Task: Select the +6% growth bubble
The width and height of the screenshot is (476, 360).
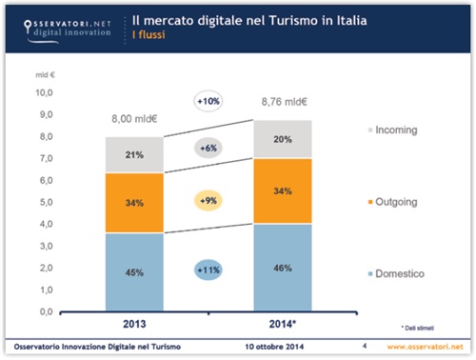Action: pos(208,148)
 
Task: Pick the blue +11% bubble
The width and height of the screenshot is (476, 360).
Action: pos(208,270)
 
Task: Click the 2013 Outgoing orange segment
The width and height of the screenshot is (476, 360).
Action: pos(132,202)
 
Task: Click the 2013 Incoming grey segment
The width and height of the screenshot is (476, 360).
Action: pos(132,155)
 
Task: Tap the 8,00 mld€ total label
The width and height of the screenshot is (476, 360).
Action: pos(132,121)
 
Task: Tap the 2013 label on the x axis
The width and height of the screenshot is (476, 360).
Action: pos(132,323)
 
